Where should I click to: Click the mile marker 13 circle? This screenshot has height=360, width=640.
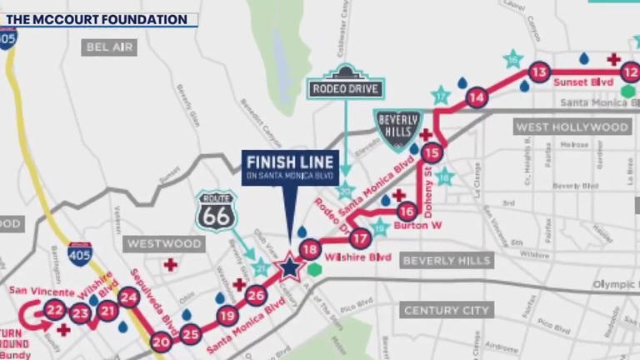(x=540, y=72)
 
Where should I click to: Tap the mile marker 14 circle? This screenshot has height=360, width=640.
(x=477, y=97)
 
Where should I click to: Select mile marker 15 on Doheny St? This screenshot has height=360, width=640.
(x=431, y=152)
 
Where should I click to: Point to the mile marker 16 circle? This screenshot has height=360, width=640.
(x=407, y=211)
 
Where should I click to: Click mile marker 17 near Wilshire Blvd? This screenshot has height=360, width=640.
(x=360, y=238)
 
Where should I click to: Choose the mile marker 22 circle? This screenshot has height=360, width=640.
(x=55, y=310)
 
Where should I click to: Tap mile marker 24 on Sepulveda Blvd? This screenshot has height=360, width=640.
(x=128, y=297)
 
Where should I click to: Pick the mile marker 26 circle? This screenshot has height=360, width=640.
(x=256, y=295)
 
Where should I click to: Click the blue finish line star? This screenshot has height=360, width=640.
(x=289, y=267)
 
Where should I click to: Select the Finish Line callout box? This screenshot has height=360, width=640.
(x=290, y=167)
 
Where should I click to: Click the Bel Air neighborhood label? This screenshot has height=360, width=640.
(x=109, y=47)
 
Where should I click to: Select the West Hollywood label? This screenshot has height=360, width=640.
(x=572, y=127)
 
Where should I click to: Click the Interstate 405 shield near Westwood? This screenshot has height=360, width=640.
(x=80, y=253)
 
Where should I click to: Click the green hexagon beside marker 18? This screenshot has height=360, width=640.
(x=314, y=268)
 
